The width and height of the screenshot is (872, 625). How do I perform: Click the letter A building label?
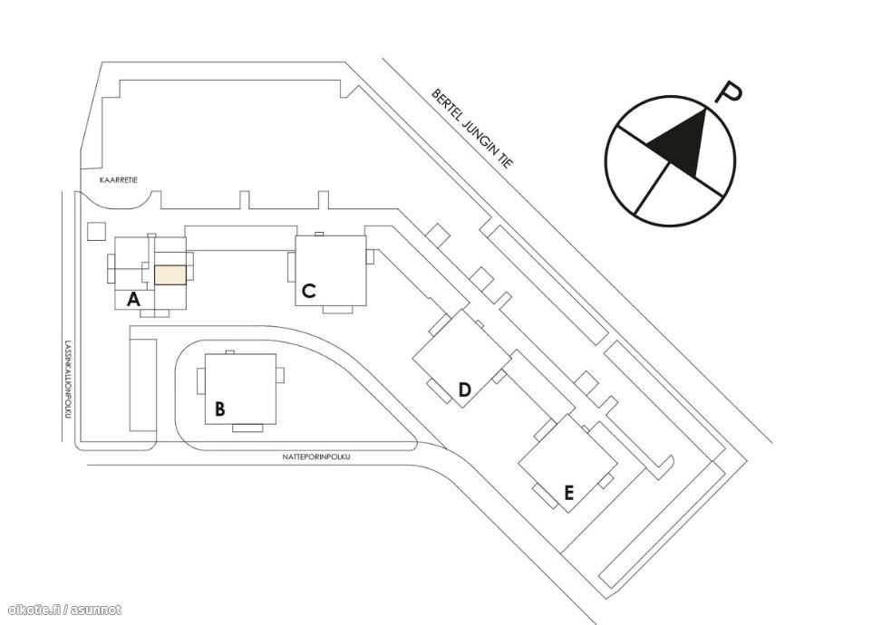click(x=133, y=300)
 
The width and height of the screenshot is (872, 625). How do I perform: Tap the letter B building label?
click(x=220, y=409)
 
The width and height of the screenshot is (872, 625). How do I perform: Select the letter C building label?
click(x=309, y=291)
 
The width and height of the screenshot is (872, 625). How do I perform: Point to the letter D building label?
click(x=464, y=390)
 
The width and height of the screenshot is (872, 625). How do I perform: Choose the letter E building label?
click(x=568, y=492)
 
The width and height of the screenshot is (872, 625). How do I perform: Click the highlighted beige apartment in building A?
click(x=170, y=275)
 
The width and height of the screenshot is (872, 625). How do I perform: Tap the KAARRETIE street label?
click(x=119, y=180)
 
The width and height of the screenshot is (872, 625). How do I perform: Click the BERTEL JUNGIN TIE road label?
click(x=472, y=129)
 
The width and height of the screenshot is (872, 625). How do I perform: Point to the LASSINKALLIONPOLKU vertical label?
click(x=68, y=379)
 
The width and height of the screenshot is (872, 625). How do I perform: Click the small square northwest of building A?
click(x=97, y=231)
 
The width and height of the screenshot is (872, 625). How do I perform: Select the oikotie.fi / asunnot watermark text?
click(x=65, y=610)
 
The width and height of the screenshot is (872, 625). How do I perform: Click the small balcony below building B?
click(x=247, y=428)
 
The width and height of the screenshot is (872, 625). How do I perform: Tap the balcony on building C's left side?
click(x=291, y=266)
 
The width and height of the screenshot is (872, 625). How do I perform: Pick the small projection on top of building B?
click(x=230, y=352)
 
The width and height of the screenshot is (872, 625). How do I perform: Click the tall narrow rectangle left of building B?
click(x=143, y=385)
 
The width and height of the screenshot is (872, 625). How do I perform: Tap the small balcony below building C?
click(x=338, y=310)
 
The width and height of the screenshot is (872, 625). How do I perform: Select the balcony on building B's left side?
click(x=201, y=381)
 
